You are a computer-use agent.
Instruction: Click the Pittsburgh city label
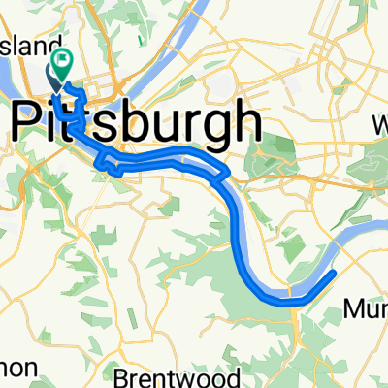tap(136, 124)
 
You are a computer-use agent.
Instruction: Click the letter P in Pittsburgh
tap(29, 124)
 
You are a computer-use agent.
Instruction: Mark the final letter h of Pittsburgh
tap(247, 123)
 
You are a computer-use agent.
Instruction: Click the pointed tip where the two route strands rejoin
tap(229, 174)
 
